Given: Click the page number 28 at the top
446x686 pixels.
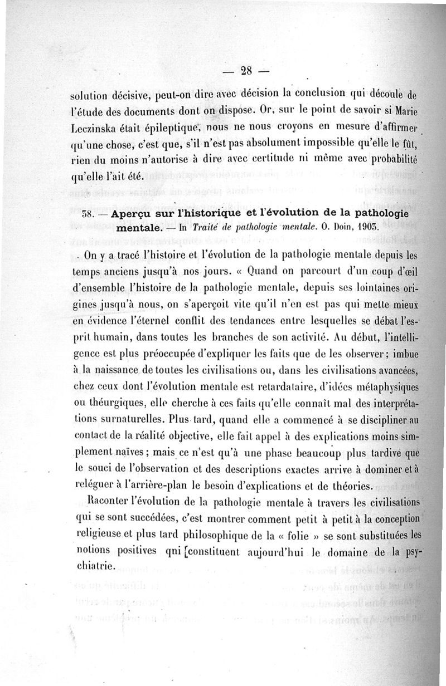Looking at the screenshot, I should [246, 70].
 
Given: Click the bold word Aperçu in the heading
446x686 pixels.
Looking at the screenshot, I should [134, 214].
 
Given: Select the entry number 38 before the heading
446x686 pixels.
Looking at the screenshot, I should [87, 215].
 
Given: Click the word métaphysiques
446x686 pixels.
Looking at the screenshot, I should [390, 387].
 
